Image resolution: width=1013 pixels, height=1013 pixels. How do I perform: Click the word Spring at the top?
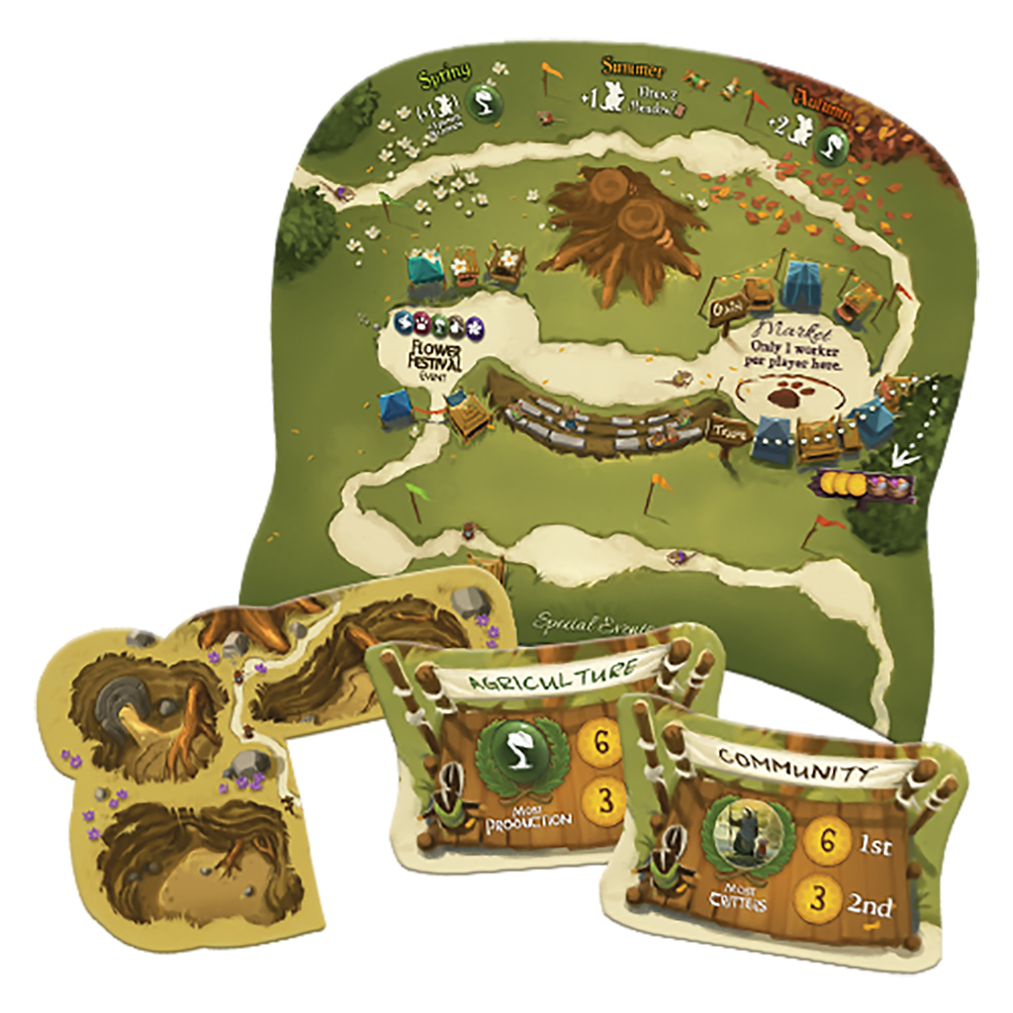(444, 76)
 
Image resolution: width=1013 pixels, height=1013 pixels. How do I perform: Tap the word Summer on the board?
(634, 68)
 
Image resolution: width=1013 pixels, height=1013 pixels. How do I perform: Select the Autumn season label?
(821, 110)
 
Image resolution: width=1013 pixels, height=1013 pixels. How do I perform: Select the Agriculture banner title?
(550, 674)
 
